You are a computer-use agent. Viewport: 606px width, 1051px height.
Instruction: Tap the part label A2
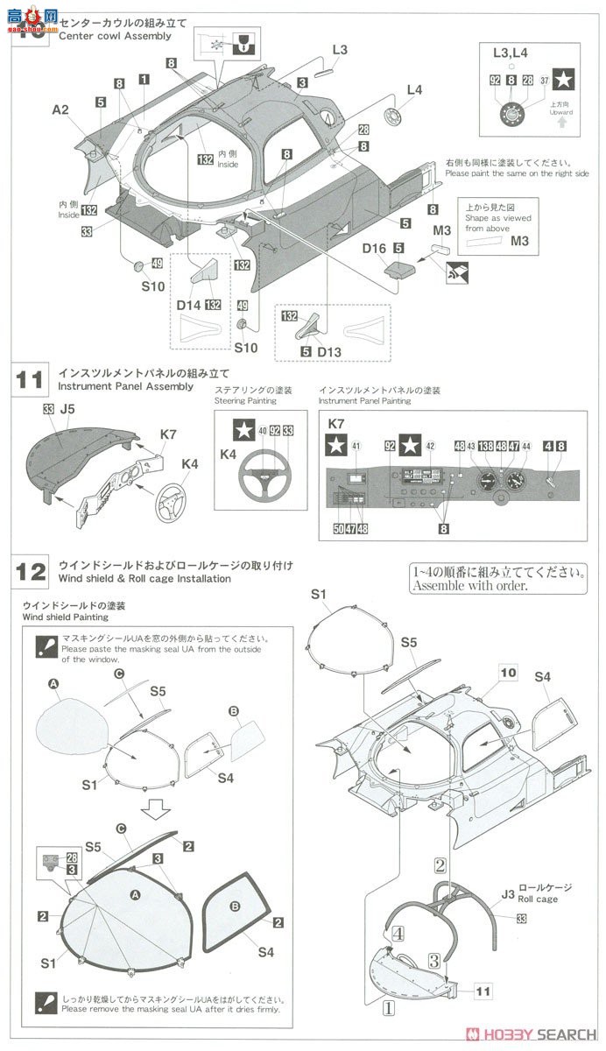pyautogui.click(x=60, y=109)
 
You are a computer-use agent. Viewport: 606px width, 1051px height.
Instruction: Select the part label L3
pyautogui.click(x=339, y=50)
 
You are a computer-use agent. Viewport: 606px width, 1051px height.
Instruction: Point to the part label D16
pyautogui.click(x=374, y=249)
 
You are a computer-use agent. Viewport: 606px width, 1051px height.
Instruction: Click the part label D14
pyautogui.click(x=189, y=304)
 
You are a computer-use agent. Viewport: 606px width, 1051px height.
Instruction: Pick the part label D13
pyautogui.click(x=328, y=351)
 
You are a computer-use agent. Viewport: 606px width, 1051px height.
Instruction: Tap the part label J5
pyautogui.click(x=67, y=408)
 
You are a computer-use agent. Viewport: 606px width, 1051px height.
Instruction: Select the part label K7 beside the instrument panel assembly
pyautogui.click(x=169, y=434)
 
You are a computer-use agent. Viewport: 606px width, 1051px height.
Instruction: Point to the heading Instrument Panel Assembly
pyautogui.click(x=125, y=385)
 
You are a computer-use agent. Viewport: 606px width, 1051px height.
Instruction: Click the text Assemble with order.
pyautogui.click(x=470, y=586)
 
